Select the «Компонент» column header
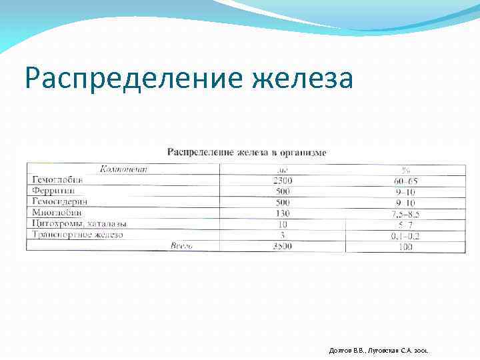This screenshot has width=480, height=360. click(124, 169)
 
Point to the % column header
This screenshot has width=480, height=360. click(405, 169)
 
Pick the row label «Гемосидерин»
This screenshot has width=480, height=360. click(59, 201)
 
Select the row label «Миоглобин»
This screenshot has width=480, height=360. click(57, 213)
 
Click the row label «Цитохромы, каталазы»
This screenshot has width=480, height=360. click(79, 223)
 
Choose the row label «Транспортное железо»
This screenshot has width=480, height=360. click(77, 235)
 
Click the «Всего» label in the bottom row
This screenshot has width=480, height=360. click(181, 246)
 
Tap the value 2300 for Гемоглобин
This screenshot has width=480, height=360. click(283, 181)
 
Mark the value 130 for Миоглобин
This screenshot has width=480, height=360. click(283, 213)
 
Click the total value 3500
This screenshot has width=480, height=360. click(283, 247)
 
